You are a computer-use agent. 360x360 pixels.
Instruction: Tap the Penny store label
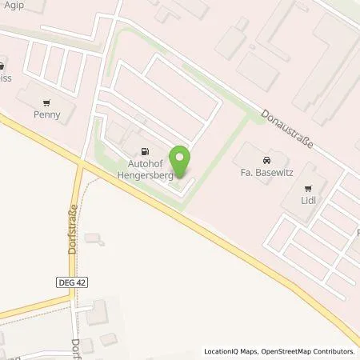click(47, 114)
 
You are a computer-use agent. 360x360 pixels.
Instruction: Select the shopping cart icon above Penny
click(47, 102)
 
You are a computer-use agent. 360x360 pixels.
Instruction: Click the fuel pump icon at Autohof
click(145, 151)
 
